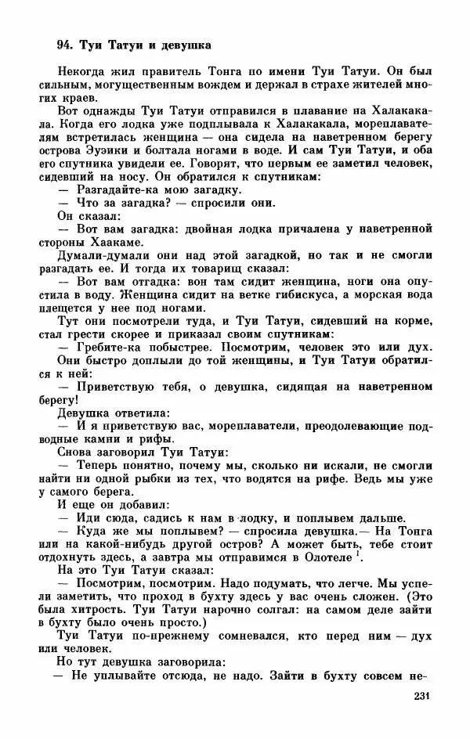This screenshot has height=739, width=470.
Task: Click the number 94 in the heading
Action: click(65, 44)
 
